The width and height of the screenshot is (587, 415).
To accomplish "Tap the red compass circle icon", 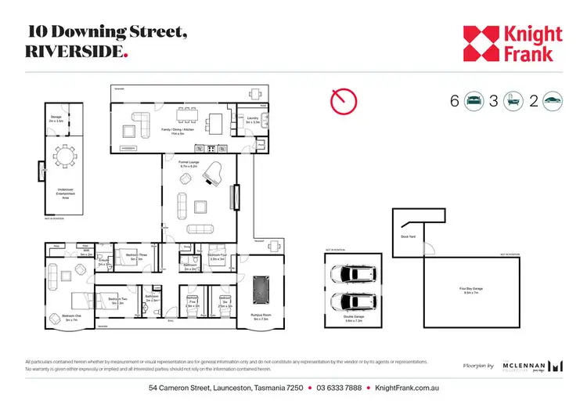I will pos(343,100).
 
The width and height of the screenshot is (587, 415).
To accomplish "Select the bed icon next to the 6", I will pos(474,100).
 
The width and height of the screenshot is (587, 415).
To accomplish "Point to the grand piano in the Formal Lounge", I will pos(215,180).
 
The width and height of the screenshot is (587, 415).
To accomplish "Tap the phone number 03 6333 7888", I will pos(340,388).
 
